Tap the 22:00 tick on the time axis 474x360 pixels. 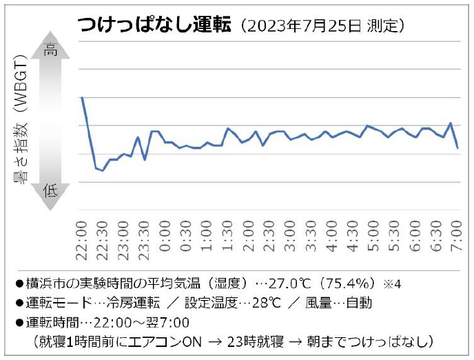pos(81,240)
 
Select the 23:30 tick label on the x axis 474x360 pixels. pos(144,240)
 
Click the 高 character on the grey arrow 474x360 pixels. pos(52,50)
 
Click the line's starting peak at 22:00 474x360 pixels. pos(82,98)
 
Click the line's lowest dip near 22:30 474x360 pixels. pos(103,170)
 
